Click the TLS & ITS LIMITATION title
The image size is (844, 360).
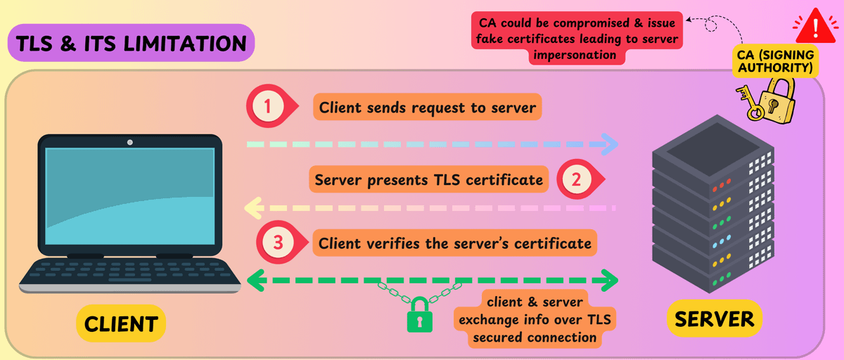[132, 43]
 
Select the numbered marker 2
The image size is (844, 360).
[576, 179]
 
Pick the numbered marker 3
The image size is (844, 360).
[277, 243]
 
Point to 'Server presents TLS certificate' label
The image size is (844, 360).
[429, 180]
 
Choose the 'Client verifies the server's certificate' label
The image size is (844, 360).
[454, 244]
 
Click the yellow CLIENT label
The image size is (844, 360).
[120, 323]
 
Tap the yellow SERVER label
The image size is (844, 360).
[714, 319]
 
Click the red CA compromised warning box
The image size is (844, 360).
[576, 39]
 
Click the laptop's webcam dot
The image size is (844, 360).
[130, 142]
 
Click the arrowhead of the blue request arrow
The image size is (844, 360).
[609, 145]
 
